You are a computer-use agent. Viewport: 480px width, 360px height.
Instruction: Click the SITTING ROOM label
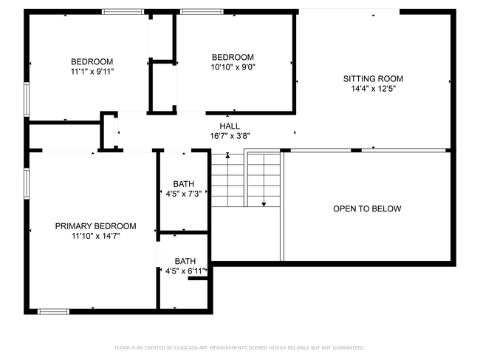pos(373,79)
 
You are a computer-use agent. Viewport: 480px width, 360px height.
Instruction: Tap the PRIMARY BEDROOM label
pos(95,226)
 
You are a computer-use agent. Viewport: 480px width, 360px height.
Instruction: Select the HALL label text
pos(230,126)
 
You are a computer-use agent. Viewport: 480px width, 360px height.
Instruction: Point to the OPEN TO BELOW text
pos(367,208)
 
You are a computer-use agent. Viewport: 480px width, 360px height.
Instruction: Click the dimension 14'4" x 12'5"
pos(373,89)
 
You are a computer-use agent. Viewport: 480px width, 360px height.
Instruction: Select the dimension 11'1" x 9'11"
pos(92,72)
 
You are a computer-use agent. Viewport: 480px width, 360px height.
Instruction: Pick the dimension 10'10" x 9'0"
pos(233,67)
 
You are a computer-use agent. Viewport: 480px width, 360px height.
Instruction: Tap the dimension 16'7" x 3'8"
pos(230,136)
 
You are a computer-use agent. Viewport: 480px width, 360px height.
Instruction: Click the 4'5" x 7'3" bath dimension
pos(184,194)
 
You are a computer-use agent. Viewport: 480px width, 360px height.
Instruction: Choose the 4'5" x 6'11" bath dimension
pos(185,271)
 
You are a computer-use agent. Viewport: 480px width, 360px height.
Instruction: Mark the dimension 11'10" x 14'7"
pos(95,237)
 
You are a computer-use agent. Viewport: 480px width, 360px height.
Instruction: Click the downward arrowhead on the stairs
pos(264,204)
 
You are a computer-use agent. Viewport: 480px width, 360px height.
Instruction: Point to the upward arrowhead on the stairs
pos(227,156)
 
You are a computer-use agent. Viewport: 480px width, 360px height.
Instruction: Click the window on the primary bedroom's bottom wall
pos(53,312)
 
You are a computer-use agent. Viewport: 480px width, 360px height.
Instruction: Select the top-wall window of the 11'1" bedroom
pos(123,12)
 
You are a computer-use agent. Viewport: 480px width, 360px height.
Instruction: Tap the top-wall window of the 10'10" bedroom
pos(202,12)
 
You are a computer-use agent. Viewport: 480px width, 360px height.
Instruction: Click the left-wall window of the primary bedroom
pos(27,183)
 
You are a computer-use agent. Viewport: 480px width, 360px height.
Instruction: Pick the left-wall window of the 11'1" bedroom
pos(27,99)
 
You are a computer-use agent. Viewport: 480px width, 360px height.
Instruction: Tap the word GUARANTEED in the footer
pos(349,347)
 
